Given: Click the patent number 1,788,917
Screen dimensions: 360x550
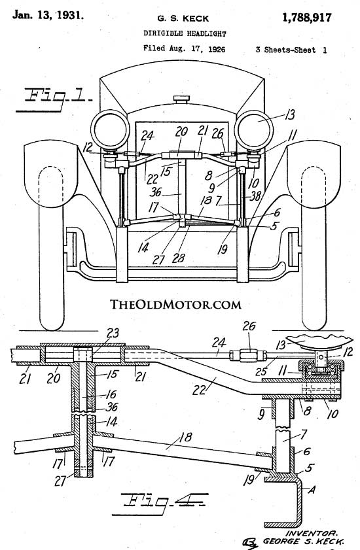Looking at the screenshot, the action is pos(306,18).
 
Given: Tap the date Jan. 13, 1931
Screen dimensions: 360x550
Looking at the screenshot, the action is pos(48,15).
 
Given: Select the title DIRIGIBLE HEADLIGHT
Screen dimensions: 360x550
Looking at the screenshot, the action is pos(185,33).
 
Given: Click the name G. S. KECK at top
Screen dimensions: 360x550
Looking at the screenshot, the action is pos(183,18).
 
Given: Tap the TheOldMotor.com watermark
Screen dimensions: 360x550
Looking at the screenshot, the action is pos(175,304).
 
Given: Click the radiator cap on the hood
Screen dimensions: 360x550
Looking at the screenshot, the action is pos(181,99).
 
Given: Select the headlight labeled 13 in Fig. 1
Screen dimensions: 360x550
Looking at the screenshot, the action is pos(254,129).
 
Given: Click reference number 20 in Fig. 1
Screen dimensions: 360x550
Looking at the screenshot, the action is pos(181,132).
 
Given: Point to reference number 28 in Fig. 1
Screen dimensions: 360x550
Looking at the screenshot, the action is pos(179,258).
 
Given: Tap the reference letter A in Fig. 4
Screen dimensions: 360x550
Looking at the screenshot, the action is pos(311,489).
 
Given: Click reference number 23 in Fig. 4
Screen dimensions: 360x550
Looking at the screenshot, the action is pos(113,333).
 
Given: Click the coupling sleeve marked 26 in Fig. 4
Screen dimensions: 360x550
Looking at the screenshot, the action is pos(248,356).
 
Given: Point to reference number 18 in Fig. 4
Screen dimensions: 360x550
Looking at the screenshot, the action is pos(185,437).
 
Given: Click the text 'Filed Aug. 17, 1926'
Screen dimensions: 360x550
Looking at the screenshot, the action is pos(184,48).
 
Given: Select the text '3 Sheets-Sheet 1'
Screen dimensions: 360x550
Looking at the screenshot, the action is pos(291,50).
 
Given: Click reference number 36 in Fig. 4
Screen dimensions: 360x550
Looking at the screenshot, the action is pos(111,407).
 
